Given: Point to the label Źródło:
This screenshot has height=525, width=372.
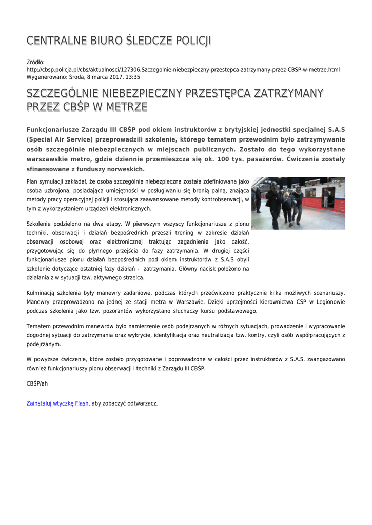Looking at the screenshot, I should coord(35,62).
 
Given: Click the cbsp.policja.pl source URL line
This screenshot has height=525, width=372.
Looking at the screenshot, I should coord(183,69).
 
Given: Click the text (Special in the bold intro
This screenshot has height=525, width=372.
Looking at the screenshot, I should coord(41,139).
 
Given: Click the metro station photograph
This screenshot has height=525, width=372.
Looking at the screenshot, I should coord(298,203).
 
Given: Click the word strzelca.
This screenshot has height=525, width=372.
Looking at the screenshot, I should coord(132,277).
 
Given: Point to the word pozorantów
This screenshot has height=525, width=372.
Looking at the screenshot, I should coord(120,311).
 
